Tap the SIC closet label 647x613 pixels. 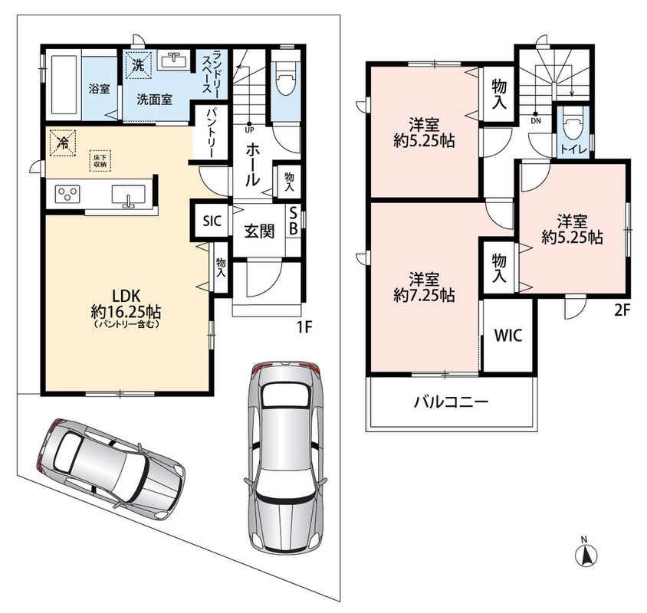click(212, 221)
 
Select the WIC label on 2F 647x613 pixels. click(508, 336)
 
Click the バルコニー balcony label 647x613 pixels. click(452, 401)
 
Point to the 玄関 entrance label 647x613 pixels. click(259, 231)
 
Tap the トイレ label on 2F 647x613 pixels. click(574, 150)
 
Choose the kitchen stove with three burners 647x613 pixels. click(67, 194)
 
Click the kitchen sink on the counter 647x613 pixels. click(128, 195)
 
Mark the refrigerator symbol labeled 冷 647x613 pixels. click(63, 143)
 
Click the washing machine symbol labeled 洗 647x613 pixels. click(139, 65)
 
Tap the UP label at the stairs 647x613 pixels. click(250, 130)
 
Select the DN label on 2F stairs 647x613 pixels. click(536, 121)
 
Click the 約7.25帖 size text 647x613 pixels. click(424, 295)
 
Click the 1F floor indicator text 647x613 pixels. click(304, 326)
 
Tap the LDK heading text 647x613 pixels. click(126, 295)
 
